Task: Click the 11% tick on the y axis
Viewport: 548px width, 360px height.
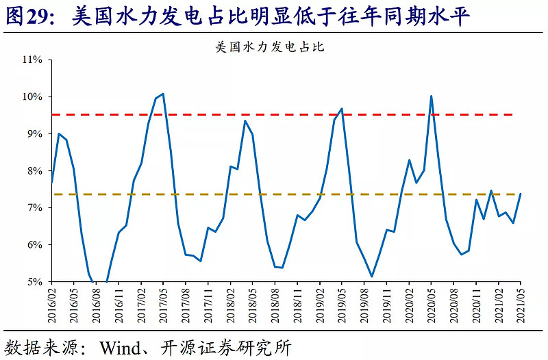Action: click(33, 60)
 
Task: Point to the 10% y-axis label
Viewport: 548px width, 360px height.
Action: click(33, 97)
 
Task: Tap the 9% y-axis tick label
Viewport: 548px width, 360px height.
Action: click(35, 133)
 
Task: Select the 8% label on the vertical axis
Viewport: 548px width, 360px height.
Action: click(35, 170)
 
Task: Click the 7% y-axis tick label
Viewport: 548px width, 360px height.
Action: click(35, 207)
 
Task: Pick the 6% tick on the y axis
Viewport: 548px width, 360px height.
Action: click(35, 244)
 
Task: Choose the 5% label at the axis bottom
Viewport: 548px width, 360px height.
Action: click(35, 281)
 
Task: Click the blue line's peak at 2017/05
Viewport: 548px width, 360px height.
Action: click(163, 94)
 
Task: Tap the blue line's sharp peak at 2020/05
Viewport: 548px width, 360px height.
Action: click(431, 96)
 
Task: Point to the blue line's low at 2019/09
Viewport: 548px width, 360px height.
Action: click(371, 277)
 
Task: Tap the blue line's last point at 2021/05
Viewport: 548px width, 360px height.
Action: click(521, 194)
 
